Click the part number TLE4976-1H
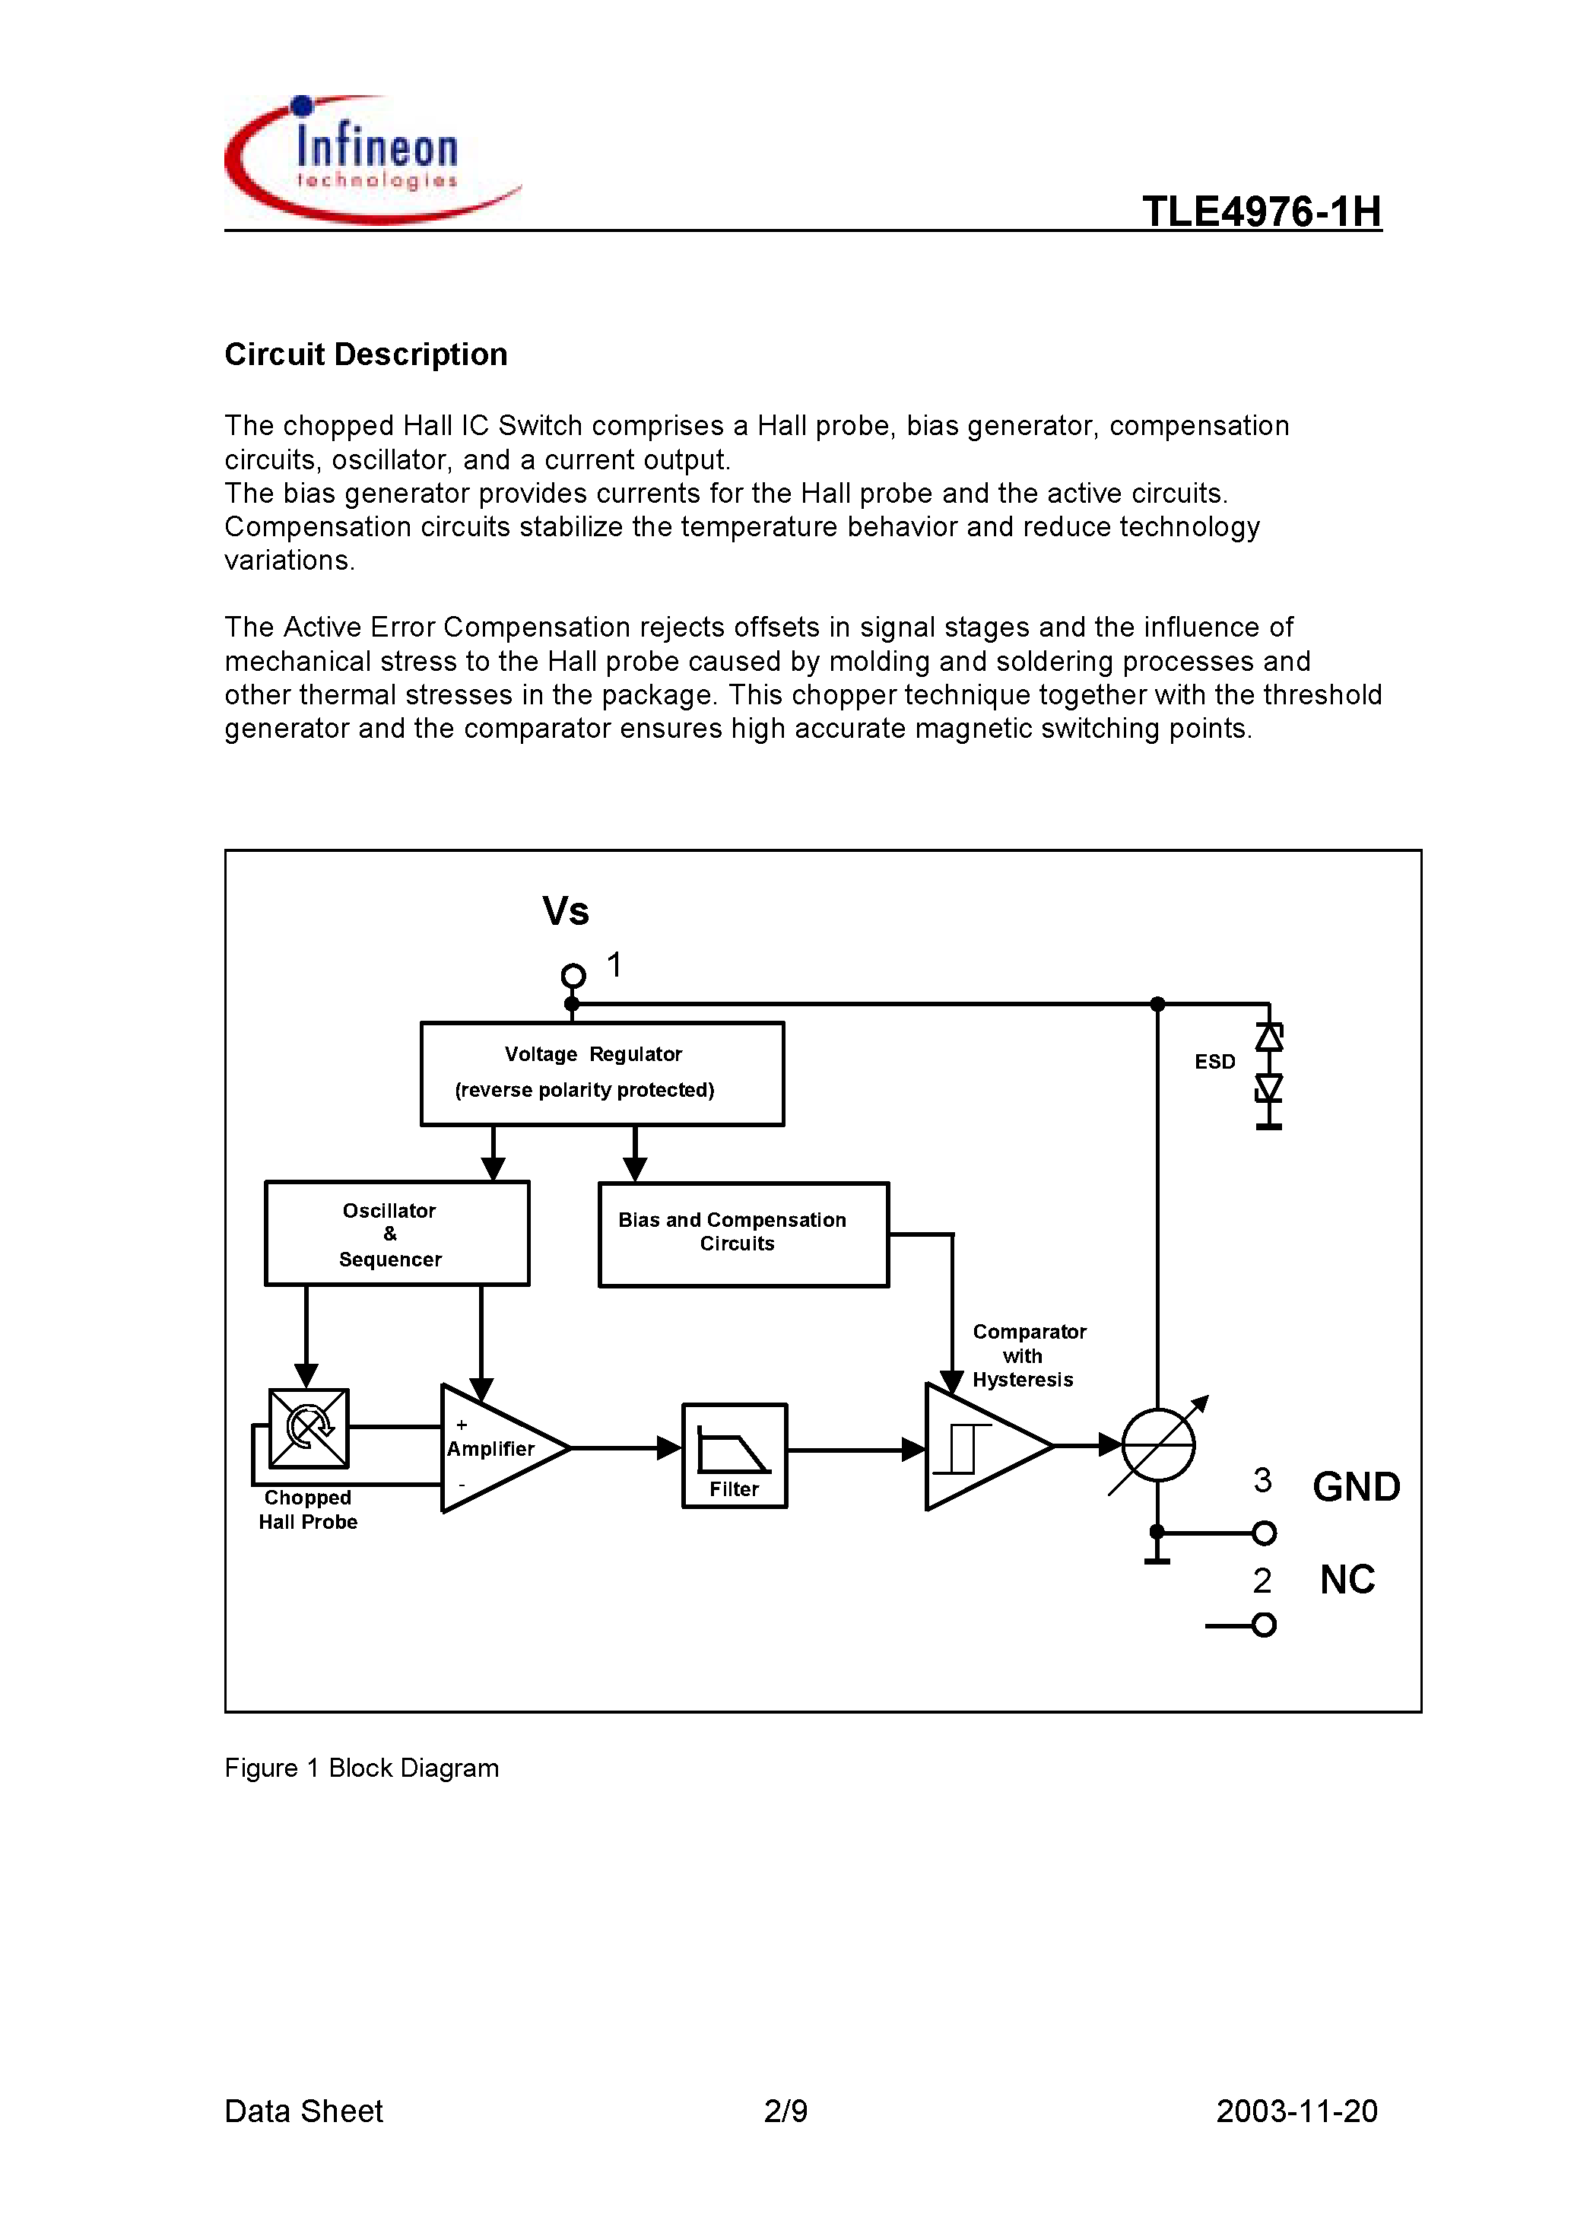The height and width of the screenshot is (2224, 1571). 1261,211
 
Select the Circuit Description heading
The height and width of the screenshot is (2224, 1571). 366,354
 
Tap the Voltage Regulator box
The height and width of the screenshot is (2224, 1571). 601,1073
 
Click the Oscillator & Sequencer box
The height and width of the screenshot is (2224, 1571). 396,1233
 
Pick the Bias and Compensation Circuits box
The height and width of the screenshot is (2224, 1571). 743,1234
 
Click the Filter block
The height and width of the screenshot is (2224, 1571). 734,1455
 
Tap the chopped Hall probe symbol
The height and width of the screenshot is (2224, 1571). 308,1428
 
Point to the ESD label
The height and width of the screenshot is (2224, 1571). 1214,1062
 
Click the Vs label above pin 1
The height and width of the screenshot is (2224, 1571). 566,911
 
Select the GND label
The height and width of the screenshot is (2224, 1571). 1356,1487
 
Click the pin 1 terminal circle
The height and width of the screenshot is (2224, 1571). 573,975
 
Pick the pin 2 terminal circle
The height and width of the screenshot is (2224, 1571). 1263,1625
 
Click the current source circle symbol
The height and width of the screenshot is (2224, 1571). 1158,1444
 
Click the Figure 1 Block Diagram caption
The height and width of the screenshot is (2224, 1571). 361,1768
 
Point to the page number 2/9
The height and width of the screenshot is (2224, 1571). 785,2111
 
